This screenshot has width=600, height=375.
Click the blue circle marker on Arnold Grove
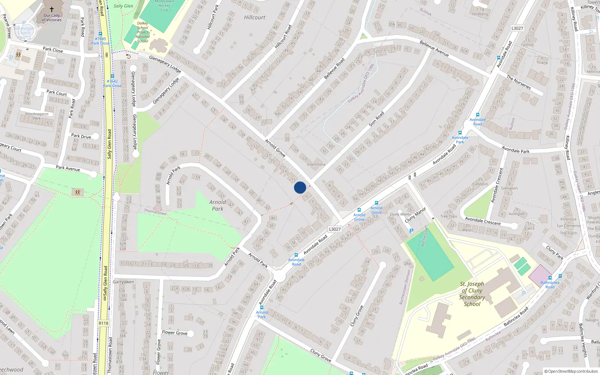tap(300, 187)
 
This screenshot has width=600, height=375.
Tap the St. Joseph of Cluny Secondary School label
tap(472, 294)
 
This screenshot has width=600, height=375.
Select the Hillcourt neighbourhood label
tap(254, 18)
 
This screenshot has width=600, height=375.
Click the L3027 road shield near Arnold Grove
tap(334, 229)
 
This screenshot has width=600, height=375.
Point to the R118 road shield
tap(103, 323)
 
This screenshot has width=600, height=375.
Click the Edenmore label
tap(316, 164)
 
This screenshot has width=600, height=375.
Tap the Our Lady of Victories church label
tap(52, 18)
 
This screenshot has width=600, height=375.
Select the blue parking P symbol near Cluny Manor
tap(411, 231)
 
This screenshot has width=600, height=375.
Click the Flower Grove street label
tap(174, 333)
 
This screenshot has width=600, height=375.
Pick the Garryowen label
tap(123, 282)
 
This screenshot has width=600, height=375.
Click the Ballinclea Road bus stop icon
tap(550, 278)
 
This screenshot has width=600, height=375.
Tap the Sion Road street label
tap(376, 119)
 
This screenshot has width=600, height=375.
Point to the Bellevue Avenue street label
tap(434, 48)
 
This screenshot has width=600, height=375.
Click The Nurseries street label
tap(519, 82)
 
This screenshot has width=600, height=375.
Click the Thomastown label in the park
tap(155, 212)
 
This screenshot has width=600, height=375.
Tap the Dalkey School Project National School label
tap(142, 32)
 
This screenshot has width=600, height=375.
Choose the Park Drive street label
tap(81, 136)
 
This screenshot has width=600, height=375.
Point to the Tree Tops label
tap(449, 216)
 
